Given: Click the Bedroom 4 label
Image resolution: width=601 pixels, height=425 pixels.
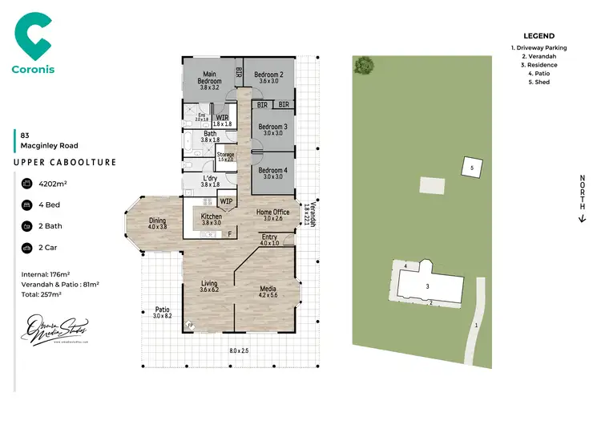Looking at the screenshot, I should tap(274, 172).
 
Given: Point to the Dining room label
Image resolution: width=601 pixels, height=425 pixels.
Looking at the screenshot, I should tap(157, 224).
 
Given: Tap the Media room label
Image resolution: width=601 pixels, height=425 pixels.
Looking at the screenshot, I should tap(268, 291).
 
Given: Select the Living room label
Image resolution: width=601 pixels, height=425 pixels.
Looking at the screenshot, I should tap(208, 286).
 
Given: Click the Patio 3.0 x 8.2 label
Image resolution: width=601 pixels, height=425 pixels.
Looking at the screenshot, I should tap(163, 312).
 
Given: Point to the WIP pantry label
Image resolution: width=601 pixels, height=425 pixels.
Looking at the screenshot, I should tap(227, 201).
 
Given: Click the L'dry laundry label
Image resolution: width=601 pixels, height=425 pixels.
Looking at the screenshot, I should tap(210, 181).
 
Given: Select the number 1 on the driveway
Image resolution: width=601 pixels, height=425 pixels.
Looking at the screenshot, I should tap(475, 325).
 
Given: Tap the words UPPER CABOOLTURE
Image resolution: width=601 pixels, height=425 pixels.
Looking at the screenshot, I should tap(66, 163).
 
